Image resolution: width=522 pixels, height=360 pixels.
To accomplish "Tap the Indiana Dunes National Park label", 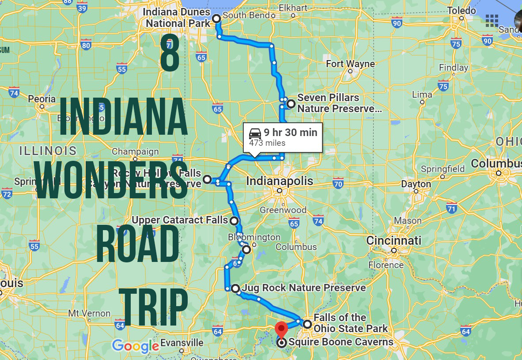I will click(x=178, y=18).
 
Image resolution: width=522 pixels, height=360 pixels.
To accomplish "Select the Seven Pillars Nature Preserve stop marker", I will click(x=291, y=104).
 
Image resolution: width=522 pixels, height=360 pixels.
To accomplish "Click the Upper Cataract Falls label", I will click(x=180, y=220).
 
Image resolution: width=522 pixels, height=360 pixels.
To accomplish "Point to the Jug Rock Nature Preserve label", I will click(x=304, y=288).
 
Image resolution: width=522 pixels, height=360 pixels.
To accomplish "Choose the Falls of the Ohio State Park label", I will click(x=350, y=323).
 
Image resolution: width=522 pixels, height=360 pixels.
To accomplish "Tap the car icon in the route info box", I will click(x=255, y=133).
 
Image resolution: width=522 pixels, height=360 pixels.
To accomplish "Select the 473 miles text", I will click(x=267, y=143).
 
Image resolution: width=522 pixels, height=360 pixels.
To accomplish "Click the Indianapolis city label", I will click(x=279, y=181).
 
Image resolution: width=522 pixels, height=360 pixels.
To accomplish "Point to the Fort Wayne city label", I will click(x=350, y=64).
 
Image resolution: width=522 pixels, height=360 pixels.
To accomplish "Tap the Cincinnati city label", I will click(x=393, y=241).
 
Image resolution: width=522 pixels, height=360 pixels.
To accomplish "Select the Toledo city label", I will click(x=461, y=11).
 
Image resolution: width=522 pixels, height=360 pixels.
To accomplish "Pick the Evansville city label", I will click(x=182, y=343).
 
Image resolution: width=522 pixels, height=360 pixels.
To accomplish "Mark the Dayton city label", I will click(x=416, y=184).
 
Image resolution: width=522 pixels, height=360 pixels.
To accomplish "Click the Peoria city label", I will click(x=42, y=99).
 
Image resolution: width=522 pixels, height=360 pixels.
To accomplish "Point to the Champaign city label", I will click(x=135, y=152).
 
